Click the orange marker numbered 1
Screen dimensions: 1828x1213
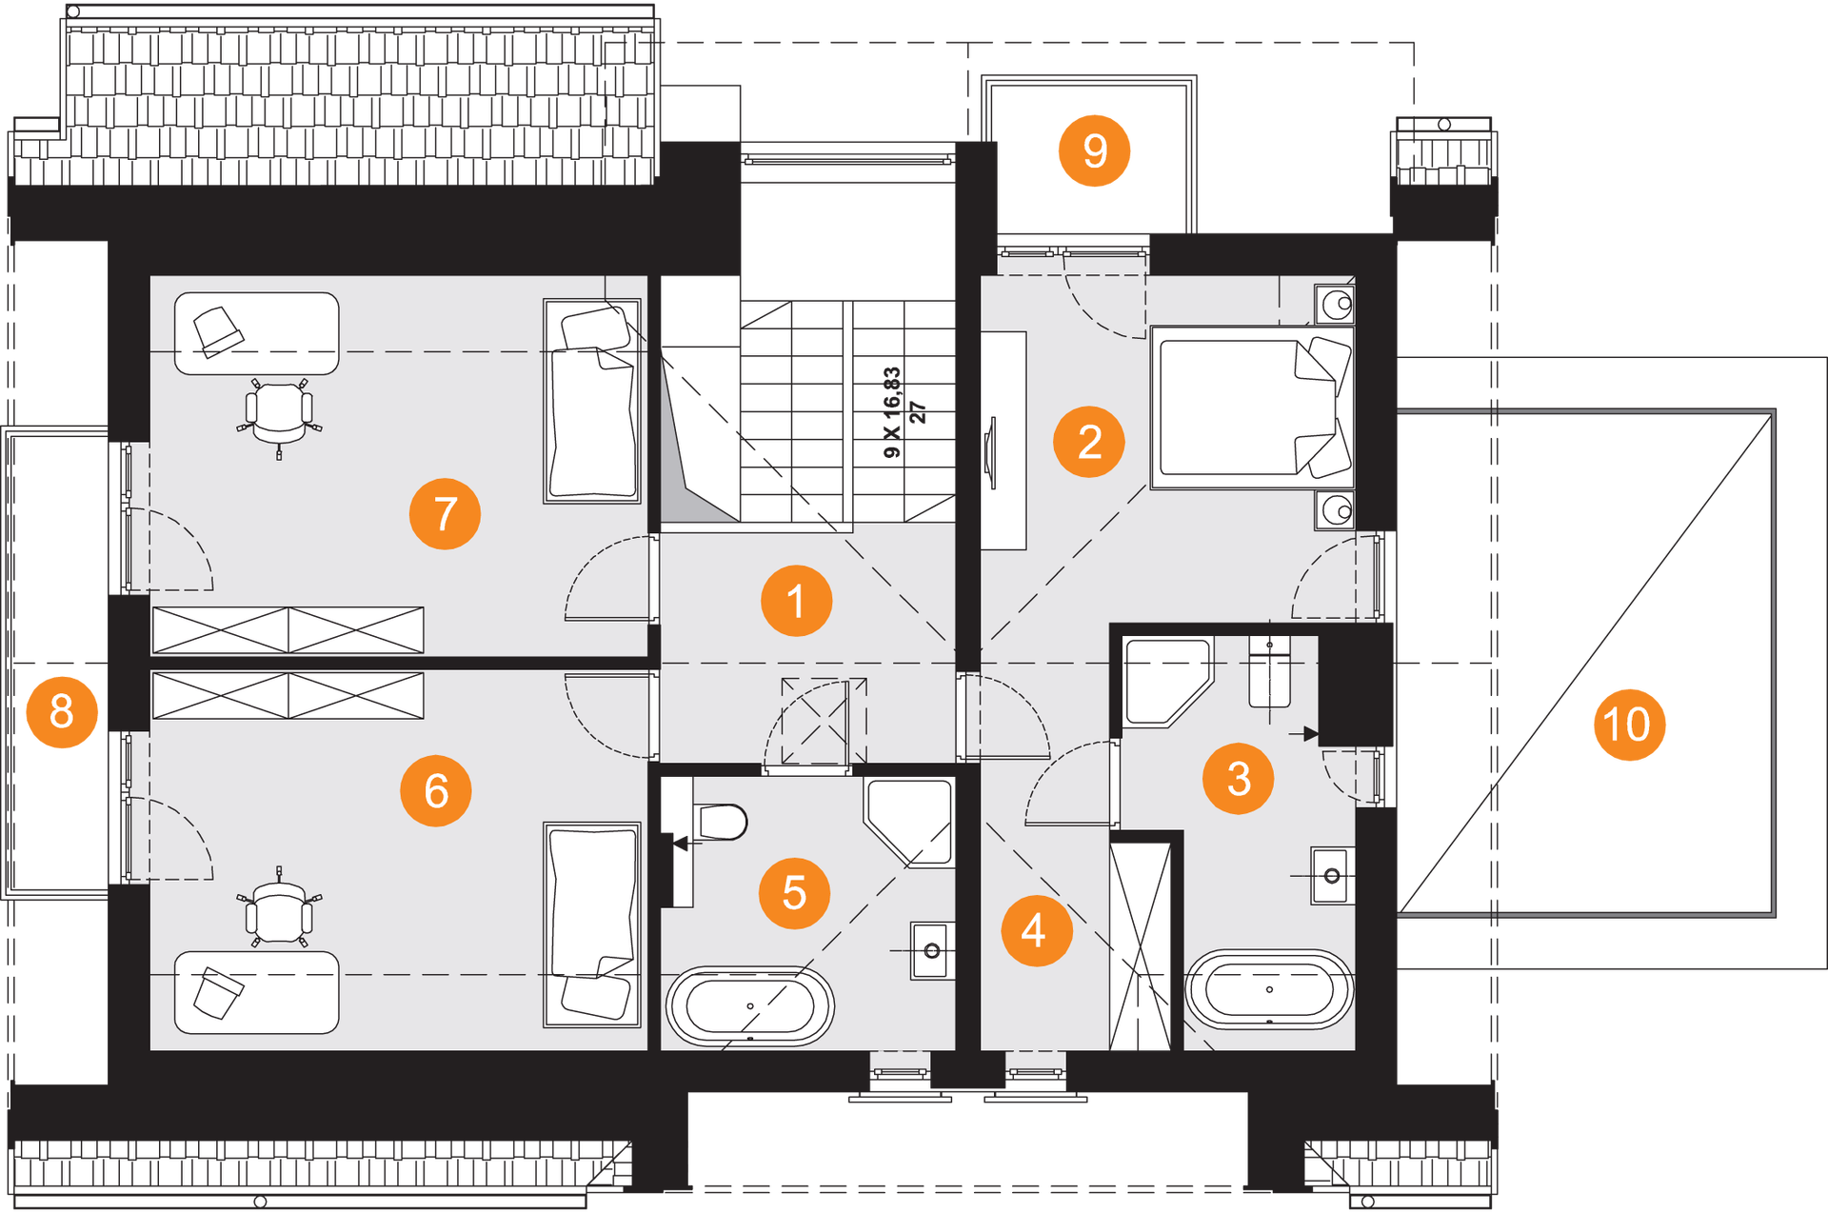pyautogui.click(x=796, y=601)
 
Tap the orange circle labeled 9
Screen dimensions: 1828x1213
pyautogui.click(x=1095, y=150)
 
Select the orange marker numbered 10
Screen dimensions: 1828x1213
pyautogui.click(x=1629, y=725)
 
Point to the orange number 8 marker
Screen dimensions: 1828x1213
pyautogui.click(x=62, y=711)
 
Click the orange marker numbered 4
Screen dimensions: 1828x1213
pyautogui.click(x=1037, y=930)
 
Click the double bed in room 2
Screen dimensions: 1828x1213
pyautogui.click(x=1252, y=408)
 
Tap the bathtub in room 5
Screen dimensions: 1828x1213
pyautogui.click(x=750, y=1006)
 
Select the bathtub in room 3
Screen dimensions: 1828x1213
pyautogui.click(x=1269, y=989)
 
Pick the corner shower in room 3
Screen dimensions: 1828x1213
pyautogui.click(x=1167, y=682)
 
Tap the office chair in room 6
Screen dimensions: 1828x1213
pyautogui.click(x=279, y=909)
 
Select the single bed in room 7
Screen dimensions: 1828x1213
pyautogui.click(x=591, y=401)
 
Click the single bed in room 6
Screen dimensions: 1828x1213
pyautogui.click(x=591, y=925)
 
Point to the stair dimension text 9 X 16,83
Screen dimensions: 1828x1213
pyautogui.click(x=891, y=412)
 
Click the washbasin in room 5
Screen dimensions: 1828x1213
pyautogui.click(x=931, y=950)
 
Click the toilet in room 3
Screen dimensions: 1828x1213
pyautogui.click(x=1269, y=673)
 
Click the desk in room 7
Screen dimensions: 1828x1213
pyautogui.click(x=256, y=333)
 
